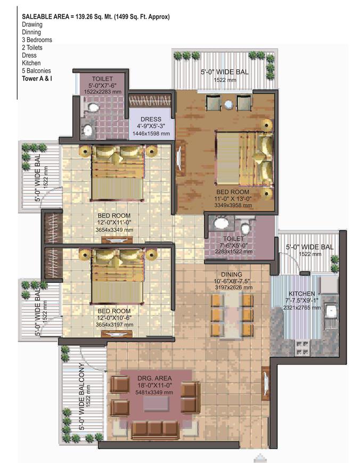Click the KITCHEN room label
click(x=301, y=294)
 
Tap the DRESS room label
click(x=151, y=119)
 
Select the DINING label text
click(x=232, y=274)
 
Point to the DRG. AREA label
click(x=154, y=378)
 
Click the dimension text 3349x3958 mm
click(x=233, y=205)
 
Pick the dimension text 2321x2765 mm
click(x=302, y=307)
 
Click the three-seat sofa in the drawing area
click(x=155, y=429)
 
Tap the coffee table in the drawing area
click(x=156, y=404)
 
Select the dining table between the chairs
click(x=233, y=315)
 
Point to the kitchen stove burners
click(x=302, y=347)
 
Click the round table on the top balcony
click(x=229, y=104)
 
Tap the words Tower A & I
click(x=37, y=78)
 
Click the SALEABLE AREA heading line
click(x=96, y=17)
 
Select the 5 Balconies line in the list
click(x=36, y=70)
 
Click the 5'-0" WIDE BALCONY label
click(x=83, y=396)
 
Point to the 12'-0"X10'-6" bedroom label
click(x=114, y=318)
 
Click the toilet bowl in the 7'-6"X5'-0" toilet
click(x=244, y=227)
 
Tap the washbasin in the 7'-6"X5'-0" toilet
click(x=220, y=223)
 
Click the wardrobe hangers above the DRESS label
click(x=150, y=101)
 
